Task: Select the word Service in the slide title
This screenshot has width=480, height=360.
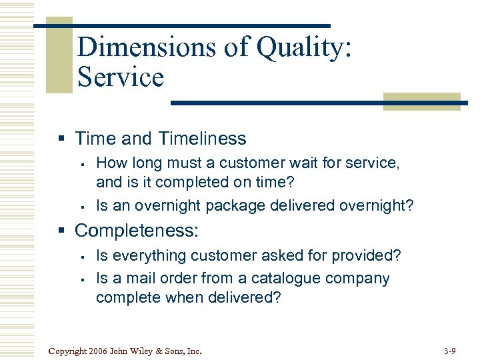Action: [120, 77]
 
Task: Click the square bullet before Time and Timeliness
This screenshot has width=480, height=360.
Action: [61, 139]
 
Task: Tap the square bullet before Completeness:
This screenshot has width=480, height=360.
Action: [61, 231]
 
